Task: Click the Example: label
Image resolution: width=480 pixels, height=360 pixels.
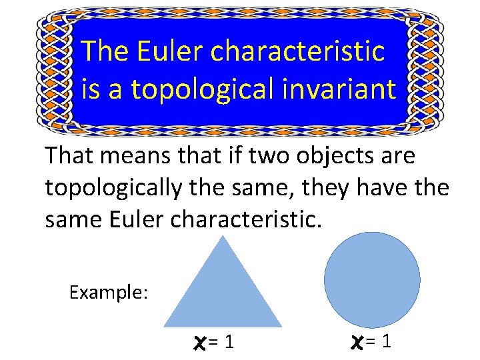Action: click(x=109, y=292)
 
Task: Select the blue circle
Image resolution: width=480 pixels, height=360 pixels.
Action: click(x=372, y=279)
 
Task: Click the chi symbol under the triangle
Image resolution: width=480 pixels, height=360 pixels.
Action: click(x=196, y=343)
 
